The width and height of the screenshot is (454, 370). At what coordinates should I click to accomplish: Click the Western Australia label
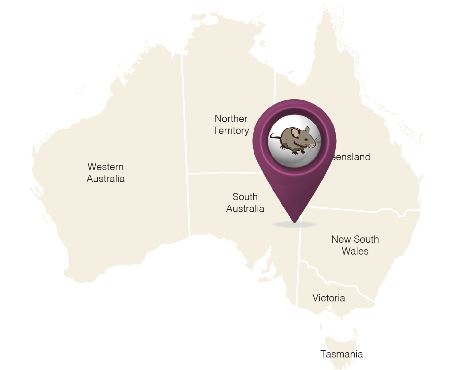click(106, 173)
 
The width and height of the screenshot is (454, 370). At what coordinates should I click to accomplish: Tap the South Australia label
click(245, 203)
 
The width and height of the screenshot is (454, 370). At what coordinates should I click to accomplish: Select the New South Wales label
click(355, 245)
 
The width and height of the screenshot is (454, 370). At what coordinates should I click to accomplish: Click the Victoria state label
click(329, 298)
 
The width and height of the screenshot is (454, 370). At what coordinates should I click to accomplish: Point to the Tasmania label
click(342, 354)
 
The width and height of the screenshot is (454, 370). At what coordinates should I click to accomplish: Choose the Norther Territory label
click(231, 125)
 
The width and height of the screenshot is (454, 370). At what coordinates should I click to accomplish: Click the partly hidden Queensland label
click(350, 157)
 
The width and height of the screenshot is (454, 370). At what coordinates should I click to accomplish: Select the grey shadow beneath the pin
click(294, 225)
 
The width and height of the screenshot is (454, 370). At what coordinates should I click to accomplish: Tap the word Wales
click(355, 251)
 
